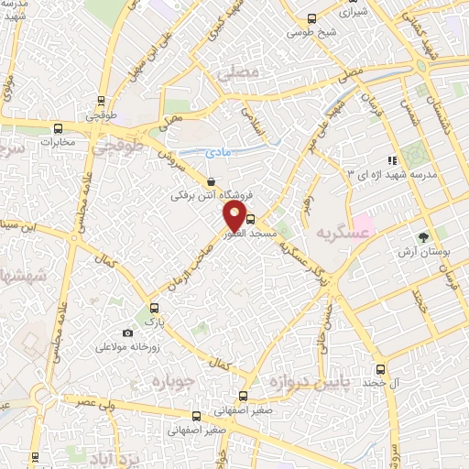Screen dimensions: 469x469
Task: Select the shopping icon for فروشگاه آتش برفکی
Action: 213,181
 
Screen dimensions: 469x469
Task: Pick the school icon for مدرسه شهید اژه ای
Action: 393,161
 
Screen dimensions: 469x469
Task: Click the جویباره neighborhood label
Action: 170,380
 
